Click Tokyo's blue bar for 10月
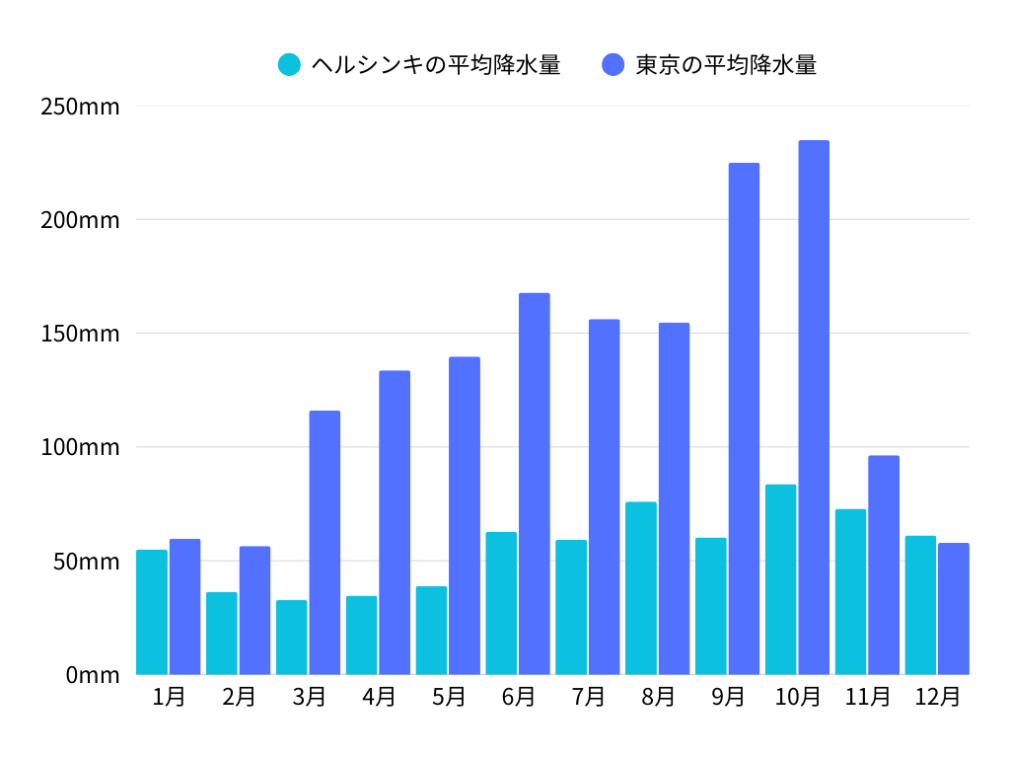[x=814, y=408]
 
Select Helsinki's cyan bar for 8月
[x=641, y=588]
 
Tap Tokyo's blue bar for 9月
[x=744, y=418]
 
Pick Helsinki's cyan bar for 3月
[x=292, y=638]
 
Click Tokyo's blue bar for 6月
[x=535, y=484]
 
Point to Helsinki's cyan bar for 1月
[x=152, y=612]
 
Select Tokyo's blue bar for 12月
[x=954, y=609]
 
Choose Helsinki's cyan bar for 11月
[x=850, y=592]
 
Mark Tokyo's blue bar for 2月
[x=254, y=610]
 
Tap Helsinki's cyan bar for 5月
[x=431, y=631]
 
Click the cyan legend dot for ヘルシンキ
[x=289, y=65]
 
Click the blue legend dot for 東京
[x=613, y=65]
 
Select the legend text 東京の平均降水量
[x=726, y=65]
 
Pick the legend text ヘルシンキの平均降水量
[x=436, y=65]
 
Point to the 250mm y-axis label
[x=80, y=106]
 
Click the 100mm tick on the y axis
[x=80, y=447]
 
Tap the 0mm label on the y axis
[x=93, y=675]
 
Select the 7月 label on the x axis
[x=588, y=697]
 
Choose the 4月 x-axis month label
[x=379, y=697]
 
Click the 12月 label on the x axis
[x=937, y=697]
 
